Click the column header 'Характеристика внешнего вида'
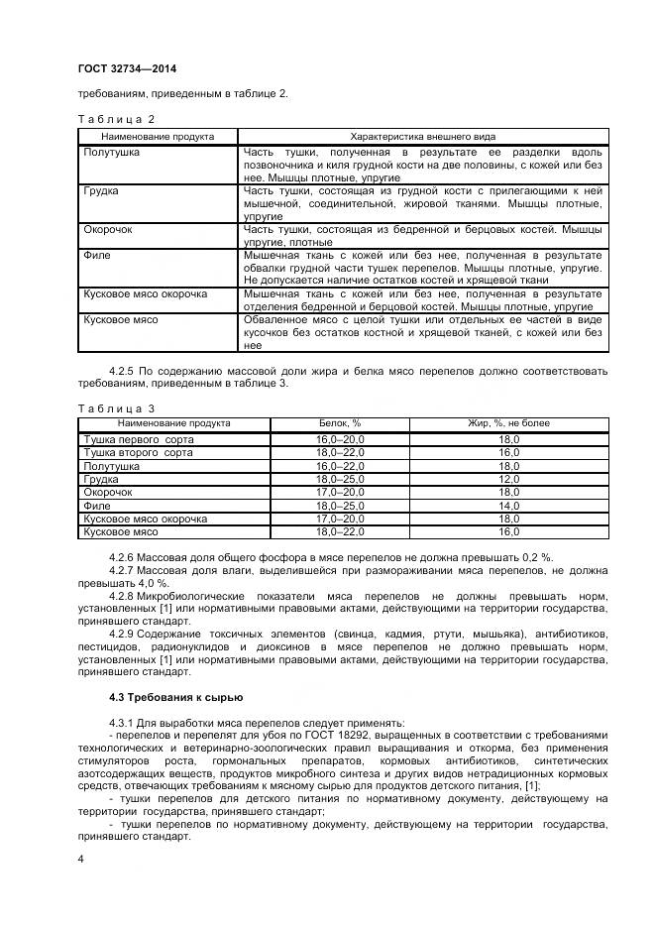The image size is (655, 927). click(x=423, y=137)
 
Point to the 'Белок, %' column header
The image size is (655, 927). click(x=340, y=423)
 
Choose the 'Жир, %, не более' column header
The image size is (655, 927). click(x=509, y=423)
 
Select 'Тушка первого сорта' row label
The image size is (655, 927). click(x=139, y=438)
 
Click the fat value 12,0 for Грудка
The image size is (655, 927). click(x=509, y=479)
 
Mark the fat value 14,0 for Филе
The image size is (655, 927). click(x=509, y=506)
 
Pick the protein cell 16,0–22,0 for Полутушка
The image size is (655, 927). click(x=340, y=465)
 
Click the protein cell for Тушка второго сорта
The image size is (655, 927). click(x=340, y=452)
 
